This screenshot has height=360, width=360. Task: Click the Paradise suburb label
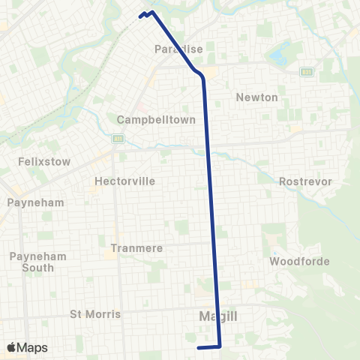(x=179, y=49)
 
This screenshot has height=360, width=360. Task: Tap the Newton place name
(x=256, y=97)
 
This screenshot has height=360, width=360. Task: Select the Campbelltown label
(x=156, y=119)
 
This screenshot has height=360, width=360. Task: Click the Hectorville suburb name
(x=124, y=181)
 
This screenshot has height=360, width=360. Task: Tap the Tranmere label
(x=131, y=247)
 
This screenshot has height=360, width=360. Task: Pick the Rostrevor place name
(x=300, y=181)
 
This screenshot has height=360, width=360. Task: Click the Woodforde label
(x=294, y=262)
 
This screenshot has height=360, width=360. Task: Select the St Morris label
(x=95, y=313)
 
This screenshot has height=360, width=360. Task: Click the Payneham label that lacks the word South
(x=35, y=202)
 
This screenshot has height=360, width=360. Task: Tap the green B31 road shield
(x=306, y=72)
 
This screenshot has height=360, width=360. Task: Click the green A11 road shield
(x=117, y=139)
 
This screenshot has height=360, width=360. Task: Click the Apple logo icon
(x=12, y=347)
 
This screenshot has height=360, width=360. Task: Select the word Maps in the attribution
(x=34, y=347)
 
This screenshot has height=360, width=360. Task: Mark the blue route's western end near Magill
(x=198, y=347)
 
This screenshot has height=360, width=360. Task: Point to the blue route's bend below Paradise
(x=201, y=75)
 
